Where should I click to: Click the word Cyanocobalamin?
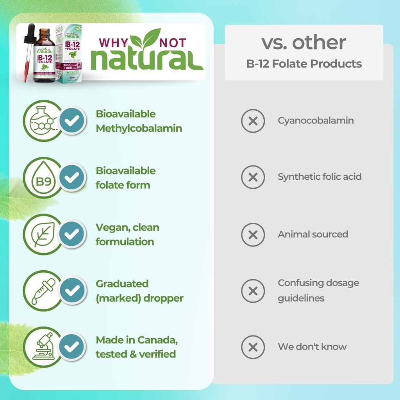click(x=316, y=121)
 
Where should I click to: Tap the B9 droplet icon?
click(x=42, y=178)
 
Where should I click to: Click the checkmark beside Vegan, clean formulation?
click(x=71, y=234)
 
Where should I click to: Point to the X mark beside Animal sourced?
click(x=253, y=234)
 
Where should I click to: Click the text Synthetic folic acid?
click(x=320, y=177)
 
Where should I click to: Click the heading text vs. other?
click(x=304, y=43)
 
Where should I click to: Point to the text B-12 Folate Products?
click(x=304, y=64)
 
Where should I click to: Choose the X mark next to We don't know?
click(x=253, y=347)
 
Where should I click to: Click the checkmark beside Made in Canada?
click(x=71, y=346)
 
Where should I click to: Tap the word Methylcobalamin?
click(x=139, y=129)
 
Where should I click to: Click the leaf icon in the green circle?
click(x=42, y=234)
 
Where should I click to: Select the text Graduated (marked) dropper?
click(x=139, y=291)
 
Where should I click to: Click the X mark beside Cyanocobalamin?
click(x=253, y=121)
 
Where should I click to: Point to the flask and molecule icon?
click(x=42, y=121)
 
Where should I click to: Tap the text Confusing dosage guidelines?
click(x=318, y=290)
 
